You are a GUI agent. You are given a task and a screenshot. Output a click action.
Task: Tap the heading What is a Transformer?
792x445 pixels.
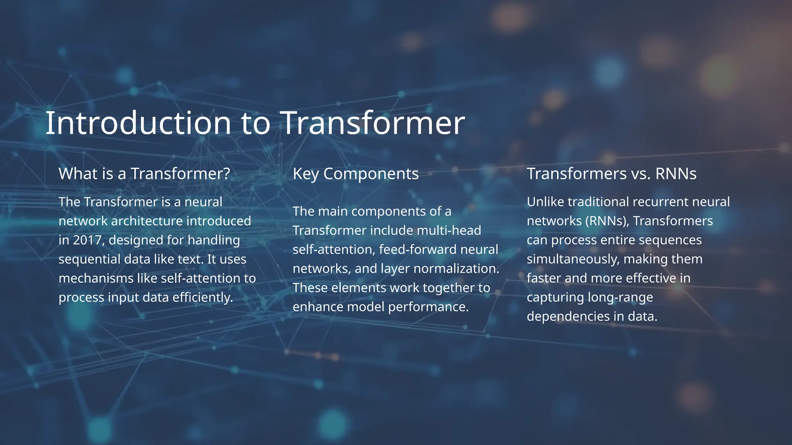point(144,174)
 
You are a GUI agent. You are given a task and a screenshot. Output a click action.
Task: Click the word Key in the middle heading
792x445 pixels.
point(306,174)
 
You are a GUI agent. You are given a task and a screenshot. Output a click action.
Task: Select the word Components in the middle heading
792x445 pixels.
point(371,174)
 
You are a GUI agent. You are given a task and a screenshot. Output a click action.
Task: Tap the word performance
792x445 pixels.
point(428,307)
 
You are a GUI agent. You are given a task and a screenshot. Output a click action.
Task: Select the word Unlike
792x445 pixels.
point(545,202)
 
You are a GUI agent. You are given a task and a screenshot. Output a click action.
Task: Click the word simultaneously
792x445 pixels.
point(572,259)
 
